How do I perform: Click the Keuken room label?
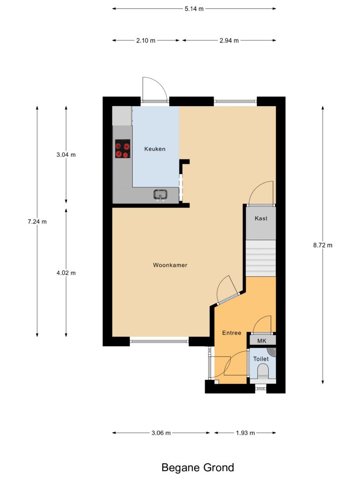click(155, 149)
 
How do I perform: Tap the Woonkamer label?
click(170, 265)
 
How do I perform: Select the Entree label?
click(232, 333)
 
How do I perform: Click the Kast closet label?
click(261, 218)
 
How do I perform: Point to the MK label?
click(262, 341)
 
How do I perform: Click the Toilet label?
click(261, 359)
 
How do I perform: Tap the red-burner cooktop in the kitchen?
click(123, 149)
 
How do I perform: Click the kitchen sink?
click(160, 195)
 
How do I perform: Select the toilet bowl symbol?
click(263, 372)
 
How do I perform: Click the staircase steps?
click(261, 258)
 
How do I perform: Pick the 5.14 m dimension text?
click(194, 8)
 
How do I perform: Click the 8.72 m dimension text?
click(323, 245)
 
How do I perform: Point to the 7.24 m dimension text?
click(37, 222)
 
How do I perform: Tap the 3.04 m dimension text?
click(66, 154)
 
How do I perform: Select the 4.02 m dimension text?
click(66, 273)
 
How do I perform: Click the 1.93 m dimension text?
click(246, 433)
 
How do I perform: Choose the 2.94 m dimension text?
click(229, 40)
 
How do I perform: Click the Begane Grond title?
click(198, 468)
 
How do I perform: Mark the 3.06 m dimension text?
click(161, 433)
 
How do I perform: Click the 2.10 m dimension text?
click(145, 40)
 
